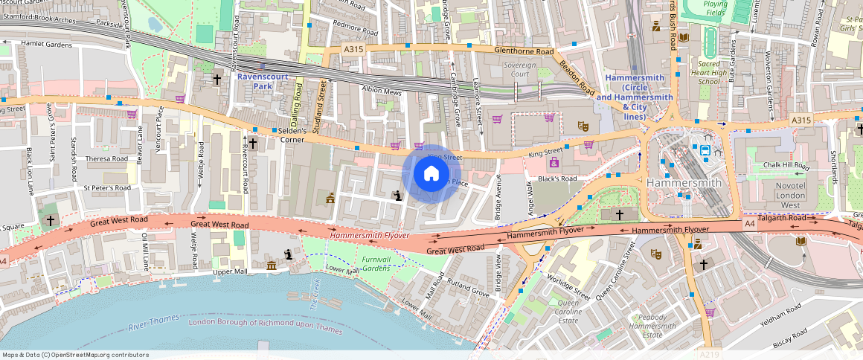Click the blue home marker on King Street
tap(431, 174)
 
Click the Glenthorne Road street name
tap(524, 51)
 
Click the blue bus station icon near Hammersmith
tap(705, 150)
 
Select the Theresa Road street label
tap(106, 158)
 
